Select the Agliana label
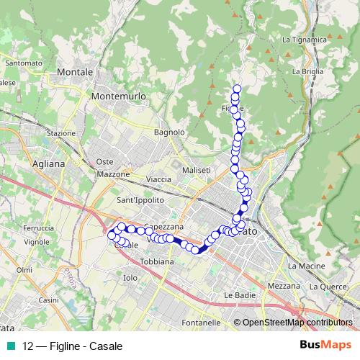pyautogui.click(x=48, y=163)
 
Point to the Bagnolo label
pyautogui.click(x=170, y=132)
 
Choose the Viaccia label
pyautogui.click(x=158, y=179)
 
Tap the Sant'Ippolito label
pyautogui.click(x=140, y=199)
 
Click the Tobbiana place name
pyautogui.click(x=157, y=261)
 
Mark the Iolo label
pyautogui.click(x=130, y=277)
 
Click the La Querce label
pyautogui.click(x=328, y=286)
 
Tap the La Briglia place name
pyautogui.click(x=307, y=72)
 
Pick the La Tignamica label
pyautogui.click(x=300, y=40)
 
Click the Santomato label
pyautogui.click(x=22, y=63)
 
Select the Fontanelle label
pyautogui.click(x=201, y=322)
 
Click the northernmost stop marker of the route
pyautogui.click(x=236, y=89)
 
